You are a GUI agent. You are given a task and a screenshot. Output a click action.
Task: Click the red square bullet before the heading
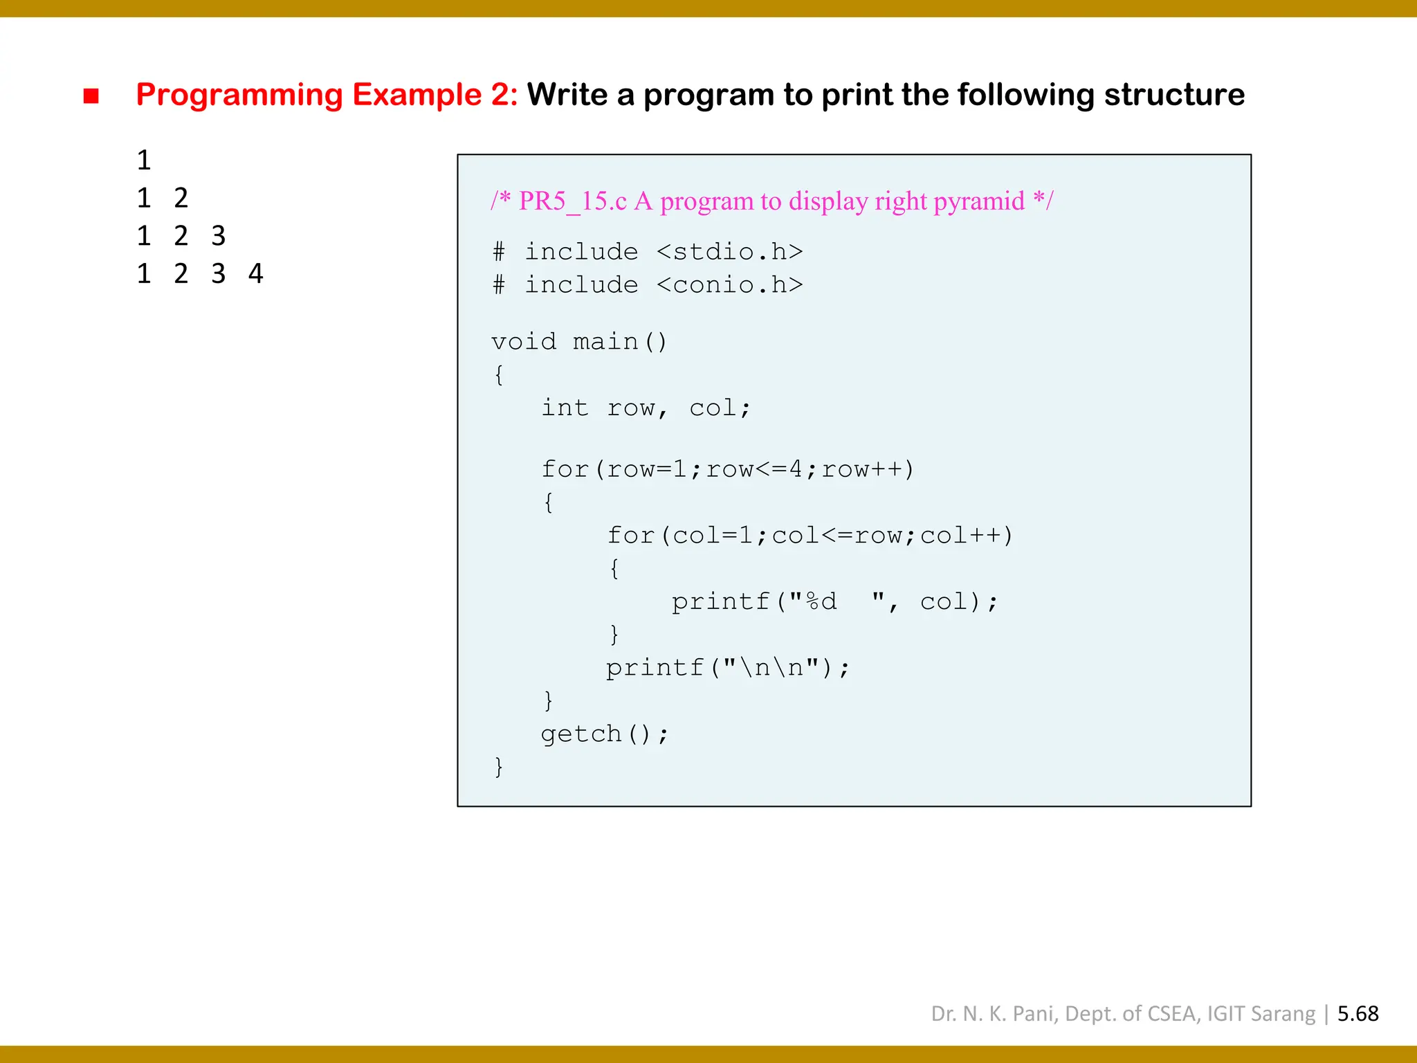(91, 96)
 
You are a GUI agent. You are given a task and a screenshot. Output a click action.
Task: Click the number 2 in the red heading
(500, 95)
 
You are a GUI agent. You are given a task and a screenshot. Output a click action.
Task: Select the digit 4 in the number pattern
(255, 274)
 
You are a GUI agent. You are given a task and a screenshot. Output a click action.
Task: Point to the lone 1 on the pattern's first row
(144, 161)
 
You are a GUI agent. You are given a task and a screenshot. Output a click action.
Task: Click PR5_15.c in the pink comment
(573, 201)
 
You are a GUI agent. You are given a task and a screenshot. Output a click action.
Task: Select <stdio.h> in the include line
(730, 252)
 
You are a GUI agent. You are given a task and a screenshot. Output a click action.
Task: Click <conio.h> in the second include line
(730, 285)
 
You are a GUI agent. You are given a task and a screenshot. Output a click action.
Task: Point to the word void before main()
(524, 342)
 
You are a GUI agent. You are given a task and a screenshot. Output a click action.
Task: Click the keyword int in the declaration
(565, 408)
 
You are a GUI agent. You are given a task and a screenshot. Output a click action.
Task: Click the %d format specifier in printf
(821, 601)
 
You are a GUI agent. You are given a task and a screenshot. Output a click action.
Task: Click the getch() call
(604, 734)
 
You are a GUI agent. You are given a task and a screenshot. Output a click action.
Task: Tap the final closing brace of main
(498, 767)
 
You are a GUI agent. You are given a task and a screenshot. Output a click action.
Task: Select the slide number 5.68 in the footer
(1357, 1014)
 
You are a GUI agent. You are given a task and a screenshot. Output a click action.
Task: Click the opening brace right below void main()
(499, 375)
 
